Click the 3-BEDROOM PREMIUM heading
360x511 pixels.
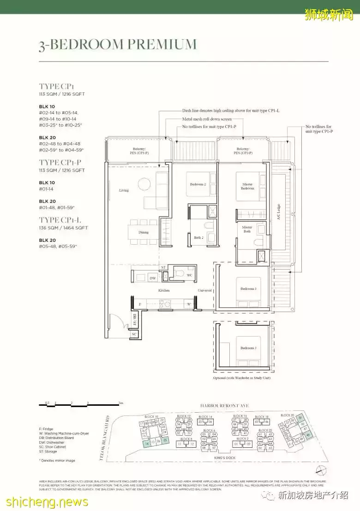118,44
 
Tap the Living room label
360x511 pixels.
124,190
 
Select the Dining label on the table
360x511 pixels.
143,232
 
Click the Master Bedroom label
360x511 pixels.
247,186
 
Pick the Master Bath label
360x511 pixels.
247,229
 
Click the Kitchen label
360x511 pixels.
164,290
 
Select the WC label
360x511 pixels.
189,275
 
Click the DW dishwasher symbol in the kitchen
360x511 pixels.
152,278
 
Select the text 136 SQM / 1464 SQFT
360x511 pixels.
63,228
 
